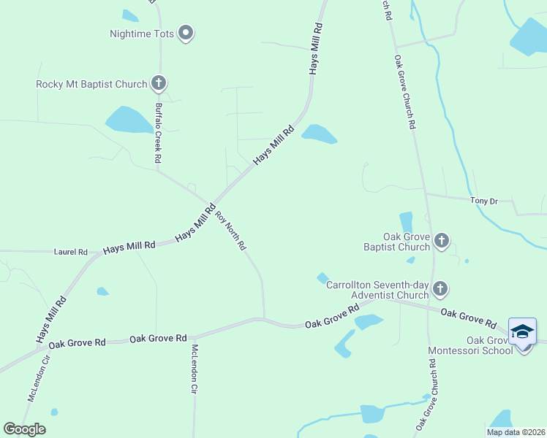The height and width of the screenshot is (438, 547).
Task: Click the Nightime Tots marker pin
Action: click(186, 33)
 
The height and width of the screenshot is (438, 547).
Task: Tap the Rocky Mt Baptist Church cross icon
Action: click(159, 83)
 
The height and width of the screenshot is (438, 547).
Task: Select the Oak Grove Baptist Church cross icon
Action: click(441, 240)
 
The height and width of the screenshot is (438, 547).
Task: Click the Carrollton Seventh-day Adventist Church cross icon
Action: click(440, 289)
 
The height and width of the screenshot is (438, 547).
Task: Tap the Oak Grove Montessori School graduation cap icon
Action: click(522, 332)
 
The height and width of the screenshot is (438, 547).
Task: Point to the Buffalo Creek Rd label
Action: click(157, 133)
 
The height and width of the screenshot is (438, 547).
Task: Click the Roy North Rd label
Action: click(230, 231)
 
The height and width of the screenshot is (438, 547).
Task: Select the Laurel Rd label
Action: click(71, 252)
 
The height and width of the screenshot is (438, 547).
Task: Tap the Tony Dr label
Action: click(483, 200)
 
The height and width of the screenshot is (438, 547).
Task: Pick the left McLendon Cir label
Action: click(39, 377)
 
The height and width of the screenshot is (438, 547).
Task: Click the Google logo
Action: click(24, 429)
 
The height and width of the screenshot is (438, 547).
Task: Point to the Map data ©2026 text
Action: click(516, 432)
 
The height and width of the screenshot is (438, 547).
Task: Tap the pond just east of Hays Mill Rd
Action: click(319, 134)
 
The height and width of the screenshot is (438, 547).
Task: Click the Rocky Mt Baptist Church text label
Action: click(92, 84)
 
